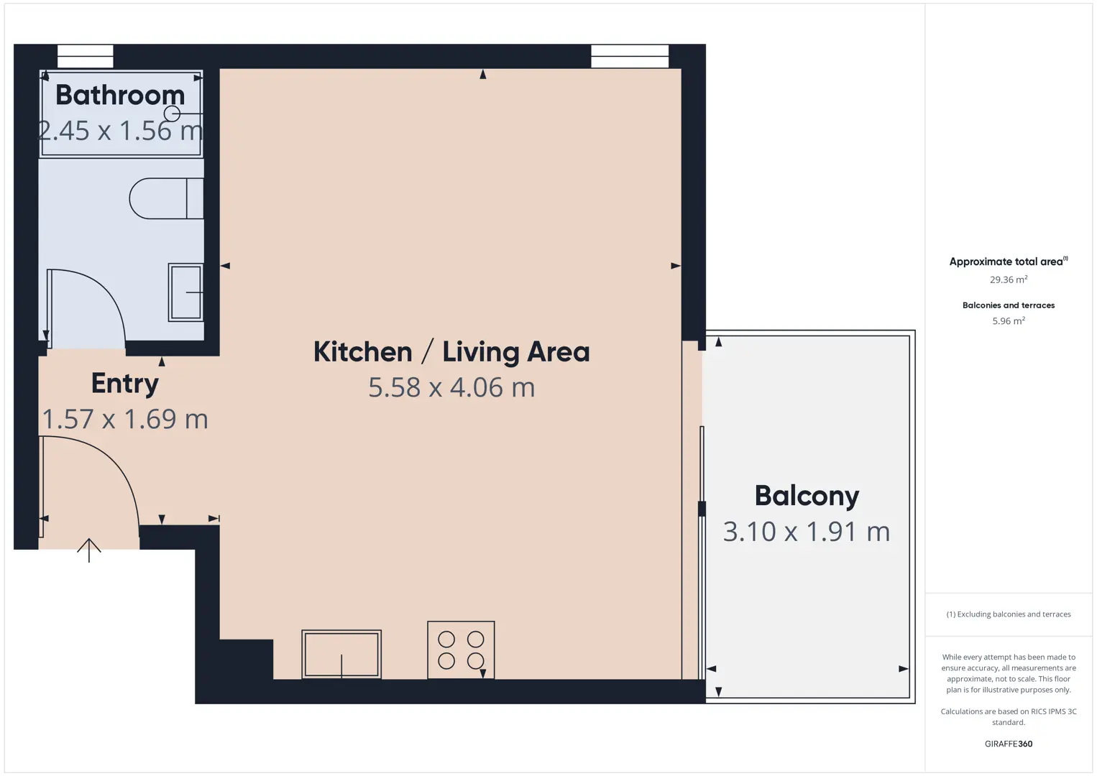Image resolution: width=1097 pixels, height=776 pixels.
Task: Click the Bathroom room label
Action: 120,95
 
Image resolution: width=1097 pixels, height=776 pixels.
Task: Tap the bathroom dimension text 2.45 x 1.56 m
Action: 120,131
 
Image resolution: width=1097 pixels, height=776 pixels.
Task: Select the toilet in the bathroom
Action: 167,198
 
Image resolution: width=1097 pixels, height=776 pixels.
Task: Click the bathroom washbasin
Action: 185,292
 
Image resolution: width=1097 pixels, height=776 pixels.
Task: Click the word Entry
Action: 125,384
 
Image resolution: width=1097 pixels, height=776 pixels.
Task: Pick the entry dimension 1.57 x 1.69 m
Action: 125,419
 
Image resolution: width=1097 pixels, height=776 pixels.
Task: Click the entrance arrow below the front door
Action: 88,550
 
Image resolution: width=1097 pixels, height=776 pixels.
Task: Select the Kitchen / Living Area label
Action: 451,352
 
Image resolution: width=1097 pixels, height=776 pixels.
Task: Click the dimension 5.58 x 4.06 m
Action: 451,387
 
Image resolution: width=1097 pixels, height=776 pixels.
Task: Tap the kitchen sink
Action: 341,654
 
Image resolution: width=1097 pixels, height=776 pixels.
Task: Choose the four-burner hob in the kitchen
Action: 461,650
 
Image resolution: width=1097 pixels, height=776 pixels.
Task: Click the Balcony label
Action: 807,496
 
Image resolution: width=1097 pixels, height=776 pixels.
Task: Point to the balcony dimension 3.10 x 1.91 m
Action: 807,532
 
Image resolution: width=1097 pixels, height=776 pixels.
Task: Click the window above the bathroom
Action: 86,56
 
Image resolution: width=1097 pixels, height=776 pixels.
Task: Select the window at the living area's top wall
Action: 630,56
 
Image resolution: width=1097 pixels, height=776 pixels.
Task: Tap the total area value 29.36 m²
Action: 1009,280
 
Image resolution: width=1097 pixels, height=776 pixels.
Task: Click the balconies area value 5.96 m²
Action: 1009,320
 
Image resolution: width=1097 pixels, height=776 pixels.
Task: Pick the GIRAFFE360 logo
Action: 1009,744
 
